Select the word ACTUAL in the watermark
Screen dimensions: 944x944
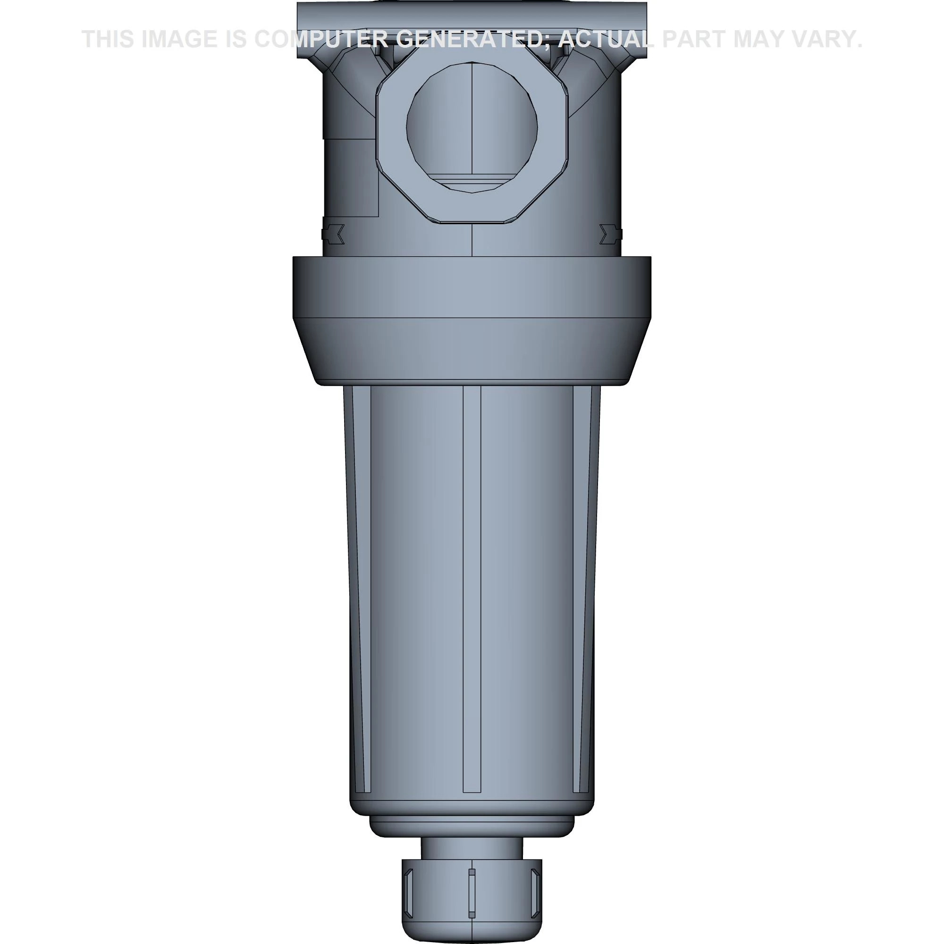605,39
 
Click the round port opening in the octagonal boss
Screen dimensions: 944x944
472,127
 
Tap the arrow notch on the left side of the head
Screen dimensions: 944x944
335,234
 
